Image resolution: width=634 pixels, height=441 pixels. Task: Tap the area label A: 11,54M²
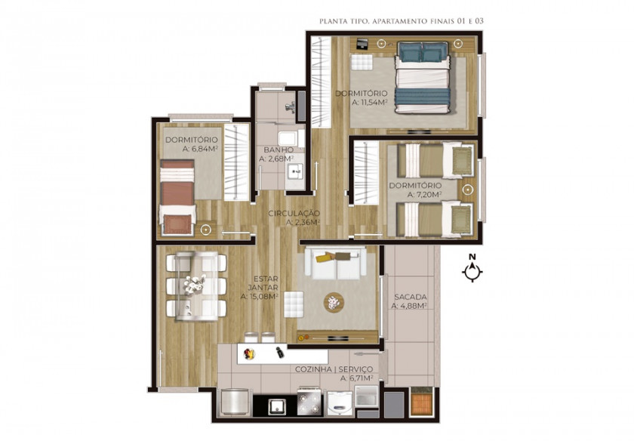(x=370, y=103)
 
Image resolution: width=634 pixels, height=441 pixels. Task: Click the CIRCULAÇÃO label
(x=294, y=213)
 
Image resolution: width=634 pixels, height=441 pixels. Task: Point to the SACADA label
(x=411, y=297)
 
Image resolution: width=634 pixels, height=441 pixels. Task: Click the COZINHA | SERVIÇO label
(x=334, y=369)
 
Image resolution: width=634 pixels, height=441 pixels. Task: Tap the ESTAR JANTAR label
(x=263, y=283)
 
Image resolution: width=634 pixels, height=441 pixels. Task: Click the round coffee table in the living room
(x=334, y=302)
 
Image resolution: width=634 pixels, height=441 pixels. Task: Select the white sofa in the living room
(x=336, y=264)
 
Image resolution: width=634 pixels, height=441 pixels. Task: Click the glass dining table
(x=196, y=286)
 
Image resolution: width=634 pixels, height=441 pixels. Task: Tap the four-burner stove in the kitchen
(x=309, y=401)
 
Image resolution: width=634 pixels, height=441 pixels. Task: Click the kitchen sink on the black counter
(x=278, y=406)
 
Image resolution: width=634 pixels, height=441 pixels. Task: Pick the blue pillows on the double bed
(x=423, y=52)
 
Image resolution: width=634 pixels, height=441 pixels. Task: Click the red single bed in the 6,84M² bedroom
(x=177, y=197)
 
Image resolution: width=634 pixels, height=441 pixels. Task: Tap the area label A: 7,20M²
(x=424, y=195)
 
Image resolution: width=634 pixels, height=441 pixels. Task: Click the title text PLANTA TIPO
(x=343, y=21)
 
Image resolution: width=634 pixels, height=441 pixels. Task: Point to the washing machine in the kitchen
(x=340, y=403)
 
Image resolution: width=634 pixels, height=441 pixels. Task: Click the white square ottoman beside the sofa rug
(x=294, y=304)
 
